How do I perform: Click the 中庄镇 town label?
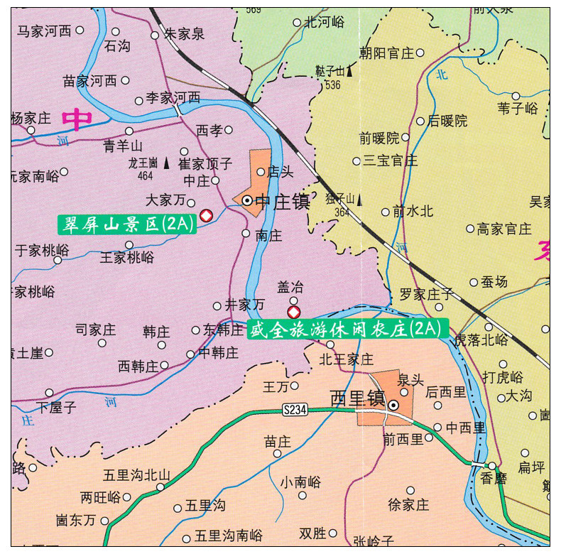[282, 202]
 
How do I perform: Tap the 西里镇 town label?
[357, 398]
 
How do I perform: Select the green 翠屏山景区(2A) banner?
[126, 224]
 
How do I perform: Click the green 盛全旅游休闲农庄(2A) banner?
[348, 329]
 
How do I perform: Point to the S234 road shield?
[295, 410]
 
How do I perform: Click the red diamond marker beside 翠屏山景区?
[206, 215]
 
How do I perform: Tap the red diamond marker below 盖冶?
[293, 313]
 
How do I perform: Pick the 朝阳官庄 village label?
[386, 53]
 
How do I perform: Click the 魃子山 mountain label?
[329, 71]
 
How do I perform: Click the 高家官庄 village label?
[504, 229]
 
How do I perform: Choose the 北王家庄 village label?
[346, 359]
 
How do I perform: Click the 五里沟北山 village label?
[136, 475]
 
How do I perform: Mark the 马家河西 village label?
[45, 31]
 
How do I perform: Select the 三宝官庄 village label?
[391, 161]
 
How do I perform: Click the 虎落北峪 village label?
[481, 340]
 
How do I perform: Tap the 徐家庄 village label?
[408, 505]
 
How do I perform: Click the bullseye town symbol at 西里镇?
[393, 406]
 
